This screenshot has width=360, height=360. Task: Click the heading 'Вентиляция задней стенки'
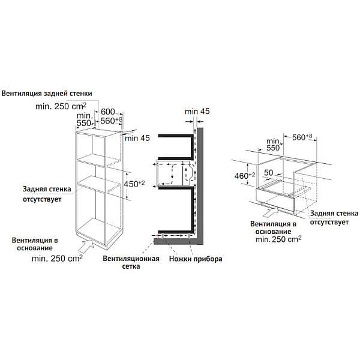(x=47, y=94)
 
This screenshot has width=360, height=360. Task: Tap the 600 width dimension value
(x=107, y=112)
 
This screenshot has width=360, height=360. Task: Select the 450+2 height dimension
(x=134, y=184)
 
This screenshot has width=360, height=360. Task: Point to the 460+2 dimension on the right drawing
(x=245, y=176)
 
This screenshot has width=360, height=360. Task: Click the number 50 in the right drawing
(x=269, y=173)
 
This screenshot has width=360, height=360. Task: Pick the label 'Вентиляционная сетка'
(x=131, y=262)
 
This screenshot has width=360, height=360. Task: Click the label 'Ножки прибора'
(x=196, y=259)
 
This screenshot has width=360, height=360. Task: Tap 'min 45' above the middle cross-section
(x=197, y=112)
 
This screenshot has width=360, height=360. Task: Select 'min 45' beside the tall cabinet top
(x=137, y=138)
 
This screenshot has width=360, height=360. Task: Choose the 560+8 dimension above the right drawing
(x=302, y=137)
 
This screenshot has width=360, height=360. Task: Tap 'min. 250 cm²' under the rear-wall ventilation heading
(x=61, y=106)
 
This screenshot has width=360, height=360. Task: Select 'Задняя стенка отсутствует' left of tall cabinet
(x=47, y=194)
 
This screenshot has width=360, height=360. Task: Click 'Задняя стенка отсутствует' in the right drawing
(x=334, y=217)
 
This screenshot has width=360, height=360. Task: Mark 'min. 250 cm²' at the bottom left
(x=57, y=259)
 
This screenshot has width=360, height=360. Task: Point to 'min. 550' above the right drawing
(x=273, y=145)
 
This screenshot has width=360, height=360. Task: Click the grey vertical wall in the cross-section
(x=200, y=183)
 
